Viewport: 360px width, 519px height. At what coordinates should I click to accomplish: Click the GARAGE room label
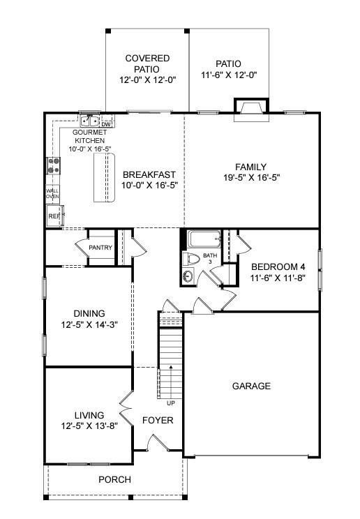point(251,386)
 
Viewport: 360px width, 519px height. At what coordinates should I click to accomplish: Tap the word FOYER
point(158,421)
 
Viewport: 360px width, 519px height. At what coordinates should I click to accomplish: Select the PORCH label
point(114,479)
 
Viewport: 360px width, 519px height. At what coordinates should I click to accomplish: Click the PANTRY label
point(100,248)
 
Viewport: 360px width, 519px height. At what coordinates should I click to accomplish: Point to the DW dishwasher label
point(106,124)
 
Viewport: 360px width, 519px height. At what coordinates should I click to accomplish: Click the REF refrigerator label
point(54,217)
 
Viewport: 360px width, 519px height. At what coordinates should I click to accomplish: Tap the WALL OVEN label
point(52,193)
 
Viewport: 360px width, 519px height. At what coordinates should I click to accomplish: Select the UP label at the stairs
point(170,403)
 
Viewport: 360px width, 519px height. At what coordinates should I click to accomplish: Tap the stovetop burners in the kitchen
point(53,165)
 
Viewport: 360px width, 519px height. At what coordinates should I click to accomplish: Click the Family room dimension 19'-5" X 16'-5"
point(251,178)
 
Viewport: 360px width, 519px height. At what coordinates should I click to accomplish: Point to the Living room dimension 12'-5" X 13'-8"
point(89,426)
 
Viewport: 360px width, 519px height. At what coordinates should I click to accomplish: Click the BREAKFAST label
point(149,174)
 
